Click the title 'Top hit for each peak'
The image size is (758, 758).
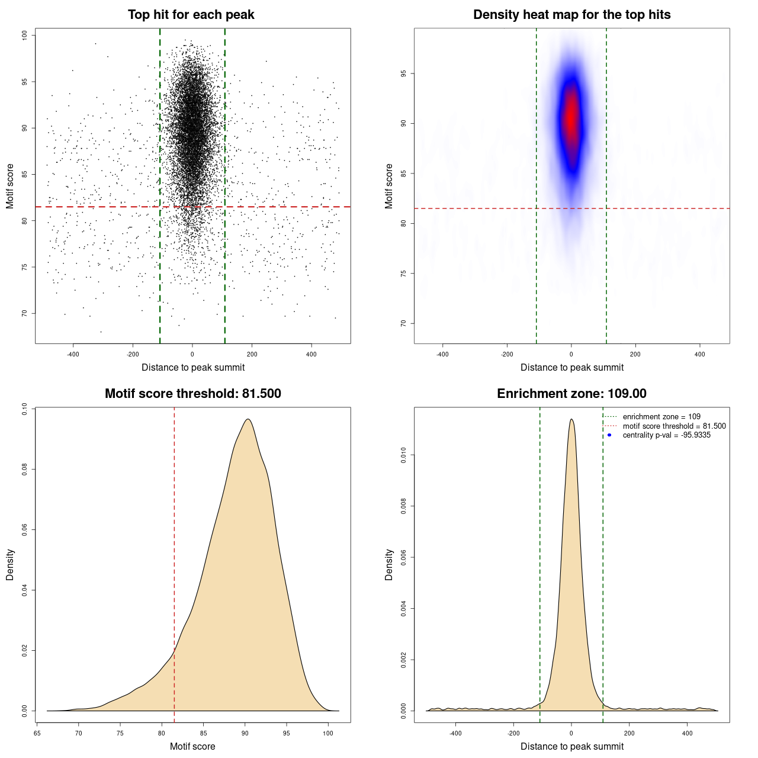coord(191,15)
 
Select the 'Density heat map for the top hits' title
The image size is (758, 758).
coord(571,15)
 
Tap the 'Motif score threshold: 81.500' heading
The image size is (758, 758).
coord(192,394)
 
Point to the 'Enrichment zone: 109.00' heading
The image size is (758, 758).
coord(571,394)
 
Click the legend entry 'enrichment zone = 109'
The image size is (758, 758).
coord(661,417)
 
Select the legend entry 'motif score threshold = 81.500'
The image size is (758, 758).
coord(674,426)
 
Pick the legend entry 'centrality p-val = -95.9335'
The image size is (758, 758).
coord(666,435)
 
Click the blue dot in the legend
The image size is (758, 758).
coord(609,435)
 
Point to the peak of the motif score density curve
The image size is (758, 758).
coord(248,419)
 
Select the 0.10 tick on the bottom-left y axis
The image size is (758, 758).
coord(24,409)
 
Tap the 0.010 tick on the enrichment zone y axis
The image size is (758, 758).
coord(403,455)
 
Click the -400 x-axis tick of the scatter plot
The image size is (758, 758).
coord(73,354)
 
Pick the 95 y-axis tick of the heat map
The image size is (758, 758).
coord(403,73)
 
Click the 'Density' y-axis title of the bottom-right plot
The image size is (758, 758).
coord(389,564)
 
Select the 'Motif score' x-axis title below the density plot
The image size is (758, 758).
coord(192,746)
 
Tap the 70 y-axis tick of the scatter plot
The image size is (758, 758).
coord(24,313)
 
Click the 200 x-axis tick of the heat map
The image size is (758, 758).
coord(635,354)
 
